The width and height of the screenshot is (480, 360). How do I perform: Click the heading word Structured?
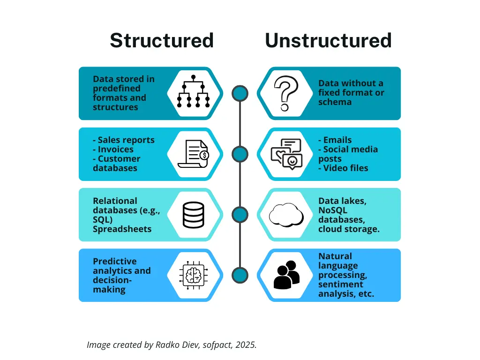coord(162,41)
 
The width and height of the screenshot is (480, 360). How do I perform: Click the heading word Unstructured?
coord(328,41)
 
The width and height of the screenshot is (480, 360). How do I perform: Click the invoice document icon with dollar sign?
coord(193,154)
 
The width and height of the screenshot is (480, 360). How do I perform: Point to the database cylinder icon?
coord(193,215)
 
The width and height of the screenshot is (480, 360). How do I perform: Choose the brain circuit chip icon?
coord(193,275)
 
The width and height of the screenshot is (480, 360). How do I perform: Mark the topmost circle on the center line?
coord(240,93)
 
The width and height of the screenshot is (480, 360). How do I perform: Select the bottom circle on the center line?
coord(240,275)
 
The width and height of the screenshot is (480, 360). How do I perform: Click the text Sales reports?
coord(126,140)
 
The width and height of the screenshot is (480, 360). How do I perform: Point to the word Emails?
coord(337,140)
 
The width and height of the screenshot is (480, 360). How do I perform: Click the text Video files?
coord(345,168)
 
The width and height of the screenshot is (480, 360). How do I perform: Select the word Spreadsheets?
coord(122,229)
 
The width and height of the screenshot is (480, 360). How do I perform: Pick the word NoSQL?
coord(331,210)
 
